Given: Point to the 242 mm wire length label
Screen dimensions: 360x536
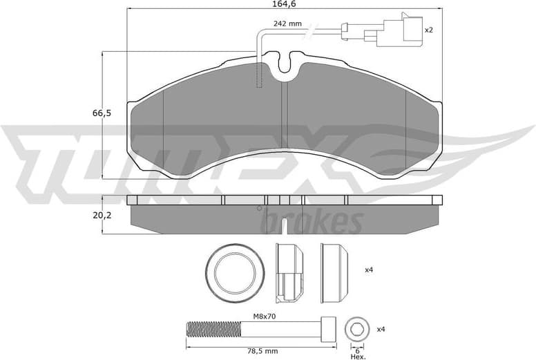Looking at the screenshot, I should (x=287, y=24).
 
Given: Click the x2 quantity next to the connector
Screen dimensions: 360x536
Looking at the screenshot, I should (x=428, y=30).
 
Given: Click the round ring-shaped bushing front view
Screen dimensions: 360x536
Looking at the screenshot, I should (x=236, y=274).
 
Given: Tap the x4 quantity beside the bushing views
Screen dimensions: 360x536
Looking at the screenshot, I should (x=369, y=270).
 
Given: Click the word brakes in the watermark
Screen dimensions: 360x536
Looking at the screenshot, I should (x=312, y=222).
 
